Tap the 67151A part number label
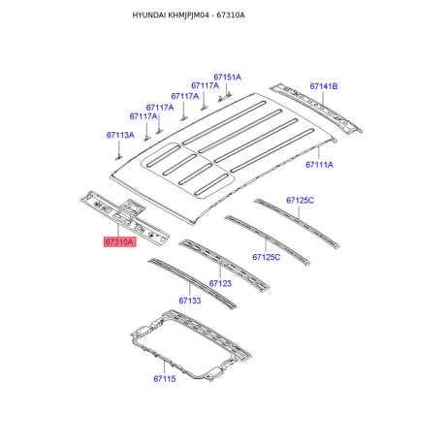[x=228, y=77]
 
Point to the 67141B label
[x=323, y=86]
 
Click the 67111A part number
[x=319, y=165]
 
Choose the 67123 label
[x=220, y=283]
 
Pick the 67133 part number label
[x=189, y=301]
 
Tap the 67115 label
[x=164, y=378]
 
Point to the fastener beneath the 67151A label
[x=222, y=97]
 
